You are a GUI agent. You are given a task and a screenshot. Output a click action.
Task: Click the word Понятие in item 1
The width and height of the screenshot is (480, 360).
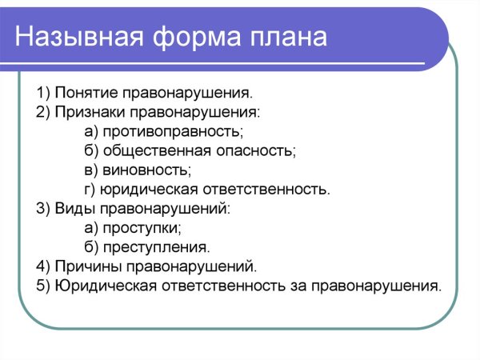(x=84, y=93)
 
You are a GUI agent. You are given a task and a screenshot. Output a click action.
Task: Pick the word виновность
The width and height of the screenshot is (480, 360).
(x=141, y=170)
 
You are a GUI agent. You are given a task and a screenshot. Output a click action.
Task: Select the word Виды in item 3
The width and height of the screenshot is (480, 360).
(x=72, y=208)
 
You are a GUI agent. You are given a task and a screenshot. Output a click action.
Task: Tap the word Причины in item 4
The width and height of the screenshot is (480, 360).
(x=84, y=266)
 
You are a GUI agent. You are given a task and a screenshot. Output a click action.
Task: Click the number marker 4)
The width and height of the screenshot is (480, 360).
(x=43, y=266)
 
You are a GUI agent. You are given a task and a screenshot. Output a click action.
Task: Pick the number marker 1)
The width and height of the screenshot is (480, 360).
(x=43, y=93)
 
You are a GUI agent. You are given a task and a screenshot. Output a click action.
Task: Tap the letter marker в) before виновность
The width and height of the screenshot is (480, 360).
(x=90, y=170)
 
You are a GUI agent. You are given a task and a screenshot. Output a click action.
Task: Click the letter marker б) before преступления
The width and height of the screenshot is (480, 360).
(x=90, y=247)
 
